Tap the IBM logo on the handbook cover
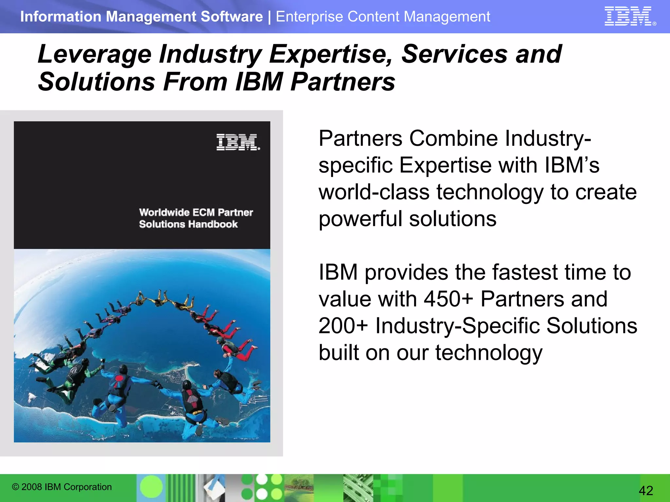[x=238, y=142]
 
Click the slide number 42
[x=646, y=491]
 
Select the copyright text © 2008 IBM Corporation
[x=62, y=487]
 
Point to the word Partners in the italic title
[x=343, y=82]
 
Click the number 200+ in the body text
[x=343, y=326]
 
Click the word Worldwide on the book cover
[x=164, y=212]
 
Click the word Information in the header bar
[x=61, y=17]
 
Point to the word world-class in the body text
[x=374, y=192]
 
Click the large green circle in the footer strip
[x=151, y=487]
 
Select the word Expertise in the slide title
[x=331, y=54]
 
